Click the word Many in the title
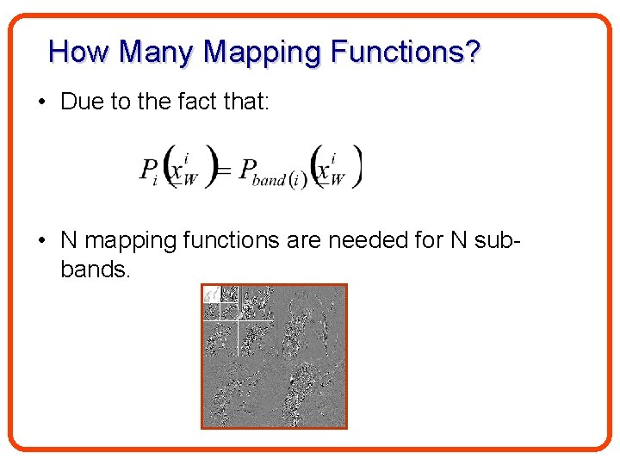click(x=158, y=53)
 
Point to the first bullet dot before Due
click(x=41, y=102)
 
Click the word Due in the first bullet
click(x=82, y=102)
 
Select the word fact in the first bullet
click(x=195, y=102)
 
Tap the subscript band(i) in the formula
click(x=277, y=181)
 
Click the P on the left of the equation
click(x=149, y=167)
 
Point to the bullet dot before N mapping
click(x=41, y=239)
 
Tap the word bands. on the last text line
click(x=96, y=270)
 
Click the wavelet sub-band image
click(x=274, y=356)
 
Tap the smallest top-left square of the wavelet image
click(x=211, y=294)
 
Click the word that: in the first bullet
click(x=245, y=102)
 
